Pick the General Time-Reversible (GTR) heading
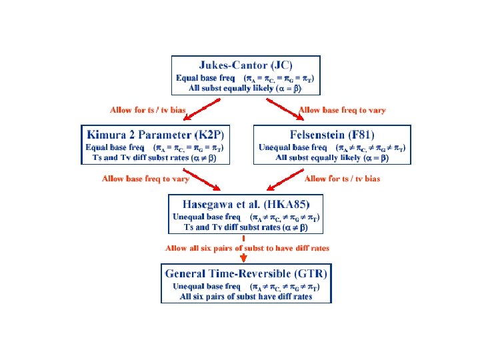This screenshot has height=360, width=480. tap(246, 274)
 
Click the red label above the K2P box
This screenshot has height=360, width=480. tap(147, 110)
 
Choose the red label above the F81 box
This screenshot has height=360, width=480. tap(342, 110)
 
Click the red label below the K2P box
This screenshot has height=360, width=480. tap(145, 179)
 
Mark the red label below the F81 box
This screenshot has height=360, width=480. tap(342, 179)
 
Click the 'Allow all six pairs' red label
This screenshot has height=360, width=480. tap(247, 248)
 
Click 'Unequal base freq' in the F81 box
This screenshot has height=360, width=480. tap(293, 147)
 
